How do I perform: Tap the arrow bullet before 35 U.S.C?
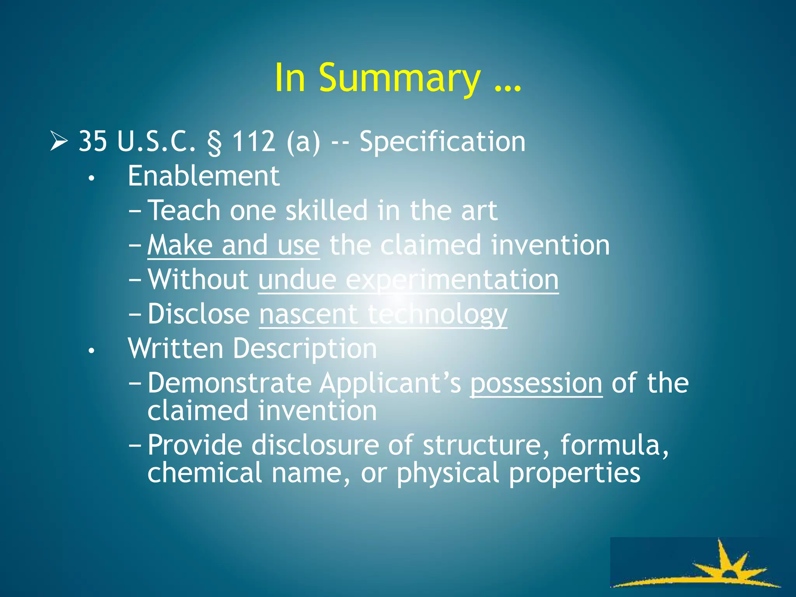[59, 141]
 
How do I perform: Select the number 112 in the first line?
[254, 141]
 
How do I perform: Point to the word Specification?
[442, 142]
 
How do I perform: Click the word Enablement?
[204, 176]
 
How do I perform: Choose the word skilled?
[326, 210]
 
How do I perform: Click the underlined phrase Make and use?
[233, 245]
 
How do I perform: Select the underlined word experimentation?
[452, 280]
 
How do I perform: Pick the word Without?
[198, 279]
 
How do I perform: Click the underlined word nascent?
[308, 314]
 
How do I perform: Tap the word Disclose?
[199, 314]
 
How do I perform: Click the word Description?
[305, 349]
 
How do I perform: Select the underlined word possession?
[536, 384]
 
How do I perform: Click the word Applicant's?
[390, 384]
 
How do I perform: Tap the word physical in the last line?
[448, 473]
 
